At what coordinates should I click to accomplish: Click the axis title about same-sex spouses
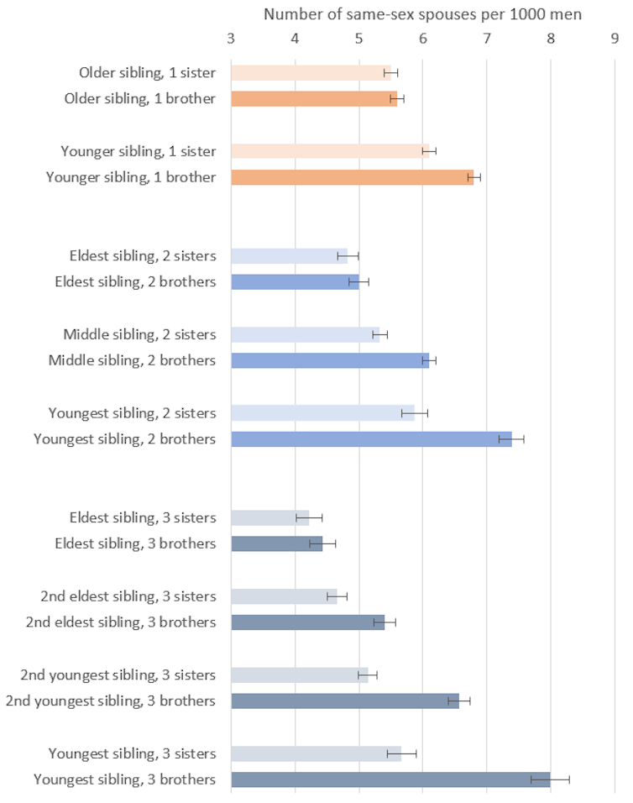point(422,14)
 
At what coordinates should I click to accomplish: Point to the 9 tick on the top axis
point(615,38)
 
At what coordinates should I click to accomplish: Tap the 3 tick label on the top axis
point(231,38)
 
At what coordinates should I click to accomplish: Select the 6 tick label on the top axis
point(423,38)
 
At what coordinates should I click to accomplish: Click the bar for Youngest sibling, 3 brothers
point(390,779)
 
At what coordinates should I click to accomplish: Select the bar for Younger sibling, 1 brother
point(353,177)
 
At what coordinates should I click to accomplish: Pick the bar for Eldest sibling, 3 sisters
point(269,517)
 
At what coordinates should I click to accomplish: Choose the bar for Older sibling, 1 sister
point(311,73)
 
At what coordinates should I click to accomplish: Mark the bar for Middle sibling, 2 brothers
point(330,360)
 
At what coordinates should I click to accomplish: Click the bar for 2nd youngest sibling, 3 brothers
point(345,701)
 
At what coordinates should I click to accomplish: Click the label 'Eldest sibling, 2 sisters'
point(142,256)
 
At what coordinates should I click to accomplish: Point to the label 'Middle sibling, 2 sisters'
point(139,334)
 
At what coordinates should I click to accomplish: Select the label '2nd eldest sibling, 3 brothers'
point(121,622)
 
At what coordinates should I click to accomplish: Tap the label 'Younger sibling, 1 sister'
point(138,151)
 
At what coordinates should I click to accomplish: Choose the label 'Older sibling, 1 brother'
point(140,99)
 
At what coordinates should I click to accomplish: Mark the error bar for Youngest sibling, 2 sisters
point(415,412)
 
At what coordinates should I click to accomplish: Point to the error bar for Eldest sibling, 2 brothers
point(358,282)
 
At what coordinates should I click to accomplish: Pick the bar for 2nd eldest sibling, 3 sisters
point(284,596)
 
